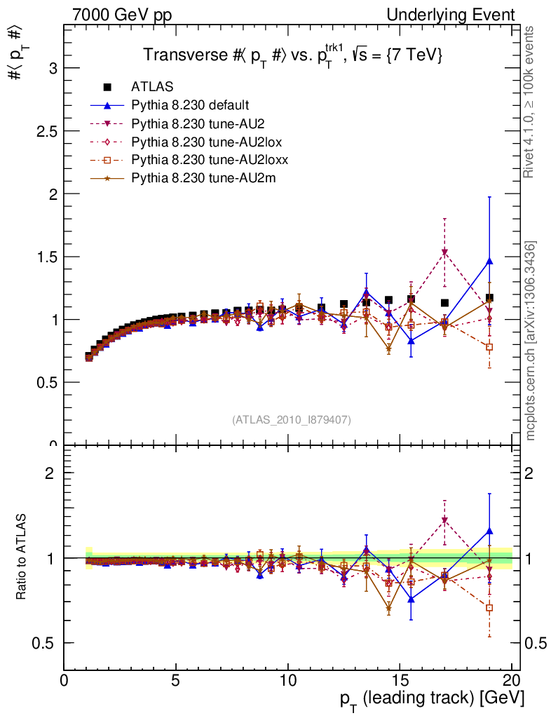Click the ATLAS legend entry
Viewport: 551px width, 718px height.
tap(152, 88)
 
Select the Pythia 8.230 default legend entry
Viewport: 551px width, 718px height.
tap(190, 106)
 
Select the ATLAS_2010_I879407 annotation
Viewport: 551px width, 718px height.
tap(292, 419)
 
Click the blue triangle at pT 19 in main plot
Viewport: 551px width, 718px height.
tap(489, 261)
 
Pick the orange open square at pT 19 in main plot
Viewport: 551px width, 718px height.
tap(489, 347)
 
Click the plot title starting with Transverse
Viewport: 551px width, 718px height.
tap(292, 55)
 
